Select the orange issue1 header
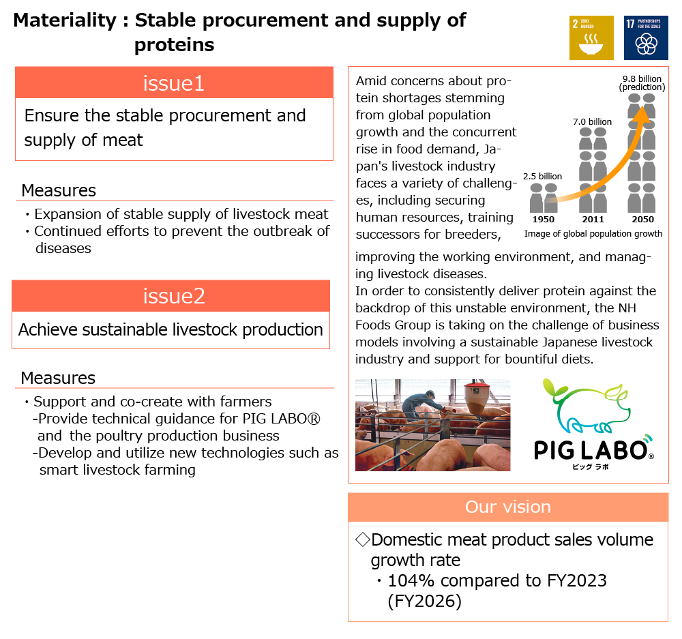tap(174, 83)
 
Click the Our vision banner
tap(508, 507)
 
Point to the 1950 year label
tap(544, 220)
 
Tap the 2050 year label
tap(642, 220)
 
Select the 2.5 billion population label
tap(543, 177)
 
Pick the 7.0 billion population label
tap(592, 122)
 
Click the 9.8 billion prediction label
tap(642, 83)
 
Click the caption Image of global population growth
tap(593, 234)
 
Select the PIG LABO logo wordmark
tap(590, 450)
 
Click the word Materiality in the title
tap(65, 20)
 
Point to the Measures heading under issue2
tap(58, 378)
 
